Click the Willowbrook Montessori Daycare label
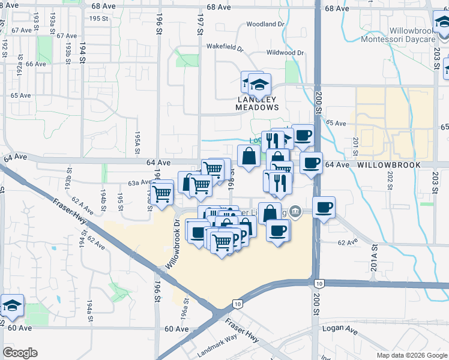(399, 34)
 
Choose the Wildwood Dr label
(284, 53)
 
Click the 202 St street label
(390, 182)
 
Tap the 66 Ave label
(36, 64)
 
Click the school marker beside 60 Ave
(12, 306)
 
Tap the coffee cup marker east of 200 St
(324, 208)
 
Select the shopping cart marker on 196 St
(161, 193)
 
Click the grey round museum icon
(295, 211)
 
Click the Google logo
(20, 353)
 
